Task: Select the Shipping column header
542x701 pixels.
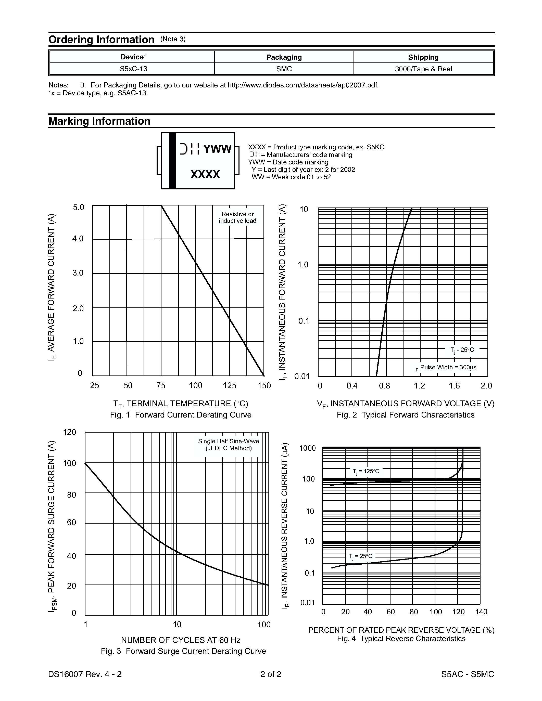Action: click(423, 57)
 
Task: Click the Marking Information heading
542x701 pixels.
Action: click(99, 121)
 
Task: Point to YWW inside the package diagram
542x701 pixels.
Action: click(217, 149)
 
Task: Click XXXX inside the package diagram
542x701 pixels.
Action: click(205, 174)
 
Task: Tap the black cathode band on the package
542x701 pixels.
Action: click(172, 161)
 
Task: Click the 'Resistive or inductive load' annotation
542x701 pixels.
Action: click(238, 217)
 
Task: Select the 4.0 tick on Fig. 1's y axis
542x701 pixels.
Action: click(78, 239)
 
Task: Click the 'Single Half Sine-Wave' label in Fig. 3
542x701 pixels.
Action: click(228, 441)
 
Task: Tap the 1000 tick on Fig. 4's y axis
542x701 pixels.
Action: click(307, 448)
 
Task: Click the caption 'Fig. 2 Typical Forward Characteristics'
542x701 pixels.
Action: click(405, 415)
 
